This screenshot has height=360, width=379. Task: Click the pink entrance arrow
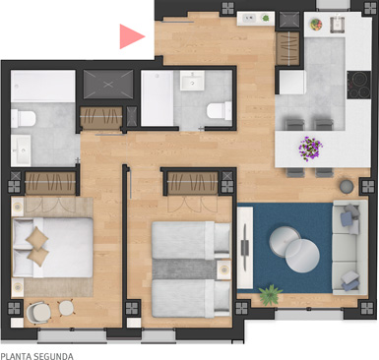pos(130,36)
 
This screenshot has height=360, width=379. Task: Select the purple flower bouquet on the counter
pos(310,149)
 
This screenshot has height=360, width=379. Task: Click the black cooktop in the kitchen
pos(358,85)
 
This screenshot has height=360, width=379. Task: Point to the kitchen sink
pos(338,25)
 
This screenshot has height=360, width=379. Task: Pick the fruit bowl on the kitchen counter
pos(316,25)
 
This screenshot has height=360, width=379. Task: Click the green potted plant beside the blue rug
pos(270,294)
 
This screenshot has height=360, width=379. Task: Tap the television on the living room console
pos(245,248)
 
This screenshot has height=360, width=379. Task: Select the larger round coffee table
pos(302,256)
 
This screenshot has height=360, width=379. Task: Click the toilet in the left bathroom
pos(23,118)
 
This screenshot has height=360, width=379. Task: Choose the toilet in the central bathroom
pos(220,111)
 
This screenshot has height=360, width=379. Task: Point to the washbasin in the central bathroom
pos(192,80)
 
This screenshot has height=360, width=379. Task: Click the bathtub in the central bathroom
pos(158,97)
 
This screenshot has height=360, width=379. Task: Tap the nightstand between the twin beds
pos(224,270)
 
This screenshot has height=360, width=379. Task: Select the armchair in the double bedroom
pos(38,312)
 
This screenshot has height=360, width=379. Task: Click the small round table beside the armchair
pos(66,308)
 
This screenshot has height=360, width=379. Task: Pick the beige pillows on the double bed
pos(37,246)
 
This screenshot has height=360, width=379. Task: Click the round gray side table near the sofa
pos(347,186)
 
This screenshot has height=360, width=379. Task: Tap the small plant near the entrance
pos(266,18)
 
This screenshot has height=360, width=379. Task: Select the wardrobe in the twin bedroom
pos(193,183)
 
